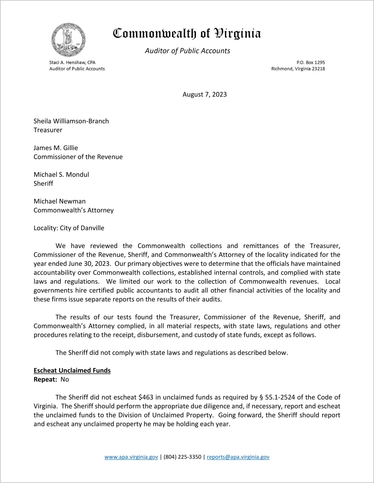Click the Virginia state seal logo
coord(68,40)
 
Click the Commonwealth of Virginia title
coord(187,34)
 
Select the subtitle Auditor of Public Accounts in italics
coord(187,51)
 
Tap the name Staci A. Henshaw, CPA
coord(72,62)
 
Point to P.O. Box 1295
coord(311,62)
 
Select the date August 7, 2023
coord(205,94)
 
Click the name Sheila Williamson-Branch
coord(71,121)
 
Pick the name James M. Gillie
coord(56,148)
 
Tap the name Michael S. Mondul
coord(61,175)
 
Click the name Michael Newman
coord(59,201)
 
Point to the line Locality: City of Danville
coord(69,228)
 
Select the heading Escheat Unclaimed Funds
coord(72,370)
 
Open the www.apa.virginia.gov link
coord(131,457)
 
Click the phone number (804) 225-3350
coord(182,457)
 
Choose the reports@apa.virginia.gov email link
coord(238,457)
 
